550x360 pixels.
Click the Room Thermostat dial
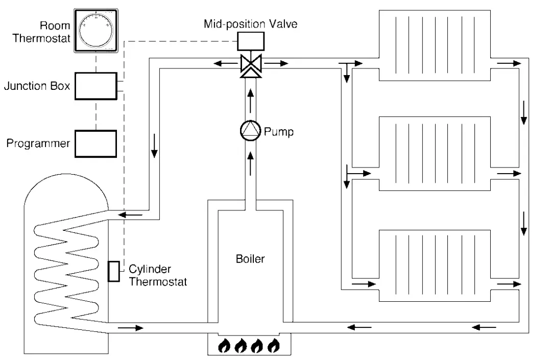coord(96,31)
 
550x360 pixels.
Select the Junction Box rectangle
coord(96,86)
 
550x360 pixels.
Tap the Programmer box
coord(96,143)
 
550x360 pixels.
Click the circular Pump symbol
coord(250,131)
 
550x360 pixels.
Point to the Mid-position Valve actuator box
coord(251,41)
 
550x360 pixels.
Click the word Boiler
coord(250,259)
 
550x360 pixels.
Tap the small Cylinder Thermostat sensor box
coord(114,271)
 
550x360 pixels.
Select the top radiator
coord(435,45)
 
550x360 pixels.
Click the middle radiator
coord(435,154)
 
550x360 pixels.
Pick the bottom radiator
coord(435,266)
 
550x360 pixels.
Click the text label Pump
coord(278,132)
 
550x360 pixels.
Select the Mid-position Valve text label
coord(250,24)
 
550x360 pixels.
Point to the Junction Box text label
coord(37,86)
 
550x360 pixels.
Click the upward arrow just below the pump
coord(250,163)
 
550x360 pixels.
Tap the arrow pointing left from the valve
coord(226,63)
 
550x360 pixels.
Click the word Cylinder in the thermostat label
coord(150,270)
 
